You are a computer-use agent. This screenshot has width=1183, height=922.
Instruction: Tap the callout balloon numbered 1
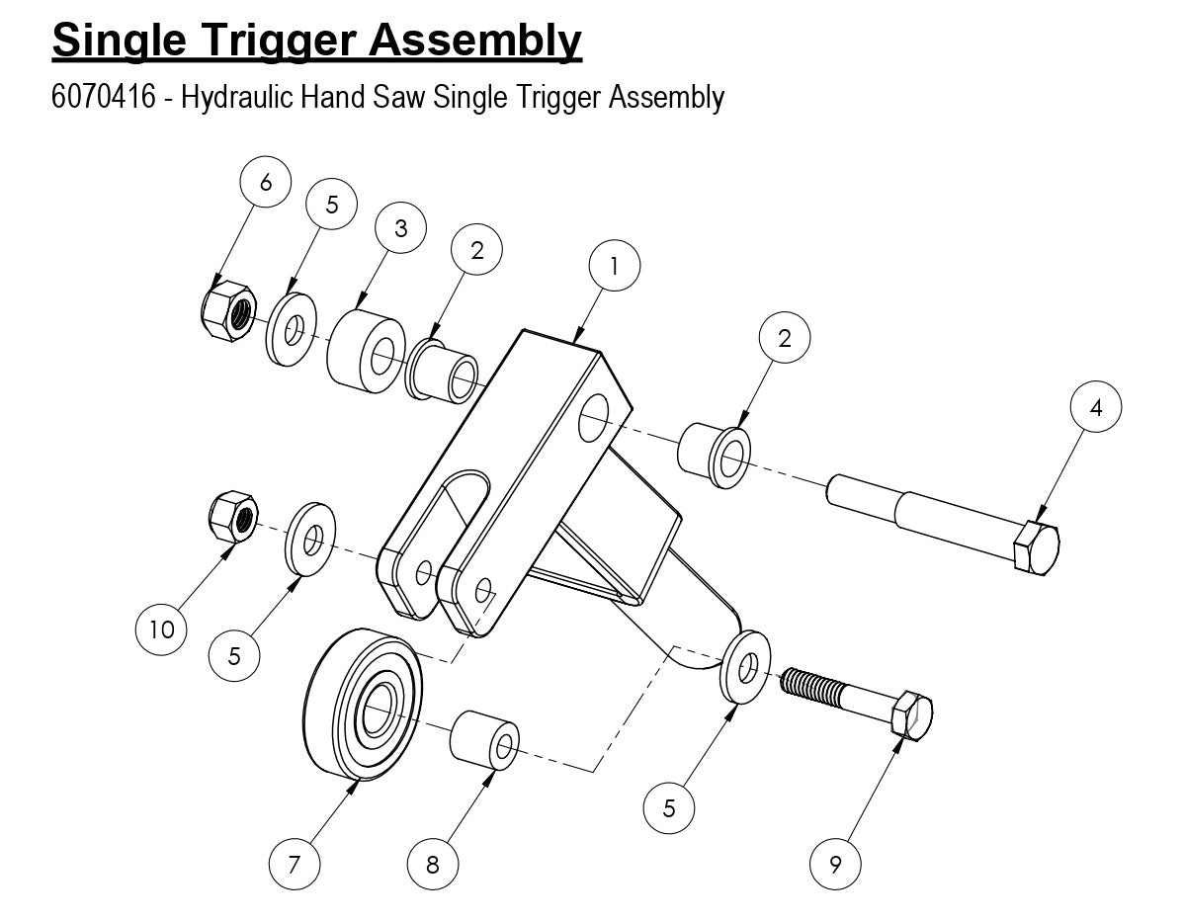tap(614, 267)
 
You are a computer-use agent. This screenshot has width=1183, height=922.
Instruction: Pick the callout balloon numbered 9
tap(835, 865)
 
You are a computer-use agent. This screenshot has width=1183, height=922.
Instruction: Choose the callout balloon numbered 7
tap(295, 865)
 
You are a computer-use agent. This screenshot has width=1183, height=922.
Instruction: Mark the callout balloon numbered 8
tap(433, 865)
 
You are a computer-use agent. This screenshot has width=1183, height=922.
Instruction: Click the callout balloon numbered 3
tap(400, 228)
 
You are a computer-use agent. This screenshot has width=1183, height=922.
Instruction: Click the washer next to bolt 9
tap(747, 669)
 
